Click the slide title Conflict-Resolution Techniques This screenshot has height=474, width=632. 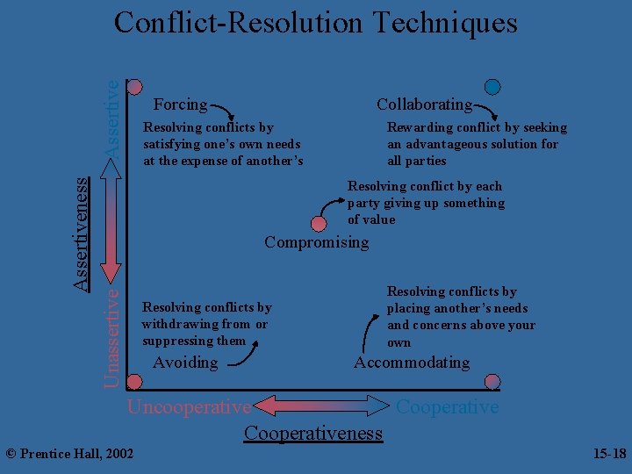(x=316, y=23)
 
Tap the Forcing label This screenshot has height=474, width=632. (x=180, y=104)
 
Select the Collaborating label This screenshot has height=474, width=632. (x=424, y=104)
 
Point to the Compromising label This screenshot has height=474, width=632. (x=317, y=242)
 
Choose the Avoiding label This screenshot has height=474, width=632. (x=185, y=363)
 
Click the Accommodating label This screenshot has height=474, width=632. (x=412, y=363)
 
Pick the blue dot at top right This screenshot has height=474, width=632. (x=493, y=87)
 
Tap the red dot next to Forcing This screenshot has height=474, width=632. (x=135, y=87)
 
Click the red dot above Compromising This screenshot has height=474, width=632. (x=319, y=224)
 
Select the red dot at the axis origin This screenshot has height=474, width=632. (x=134, y=382)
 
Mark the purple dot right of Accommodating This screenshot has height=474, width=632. (x=492, y=382)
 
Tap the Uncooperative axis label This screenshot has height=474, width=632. (x=189, y=407)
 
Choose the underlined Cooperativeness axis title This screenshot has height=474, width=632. (x=313, y=433)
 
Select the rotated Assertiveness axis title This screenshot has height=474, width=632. (x=80, y=233)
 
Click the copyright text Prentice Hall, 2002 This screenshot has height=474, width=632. (x=69, y=454)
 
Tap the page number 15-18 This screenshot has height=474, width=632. (x=609, y=454)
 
